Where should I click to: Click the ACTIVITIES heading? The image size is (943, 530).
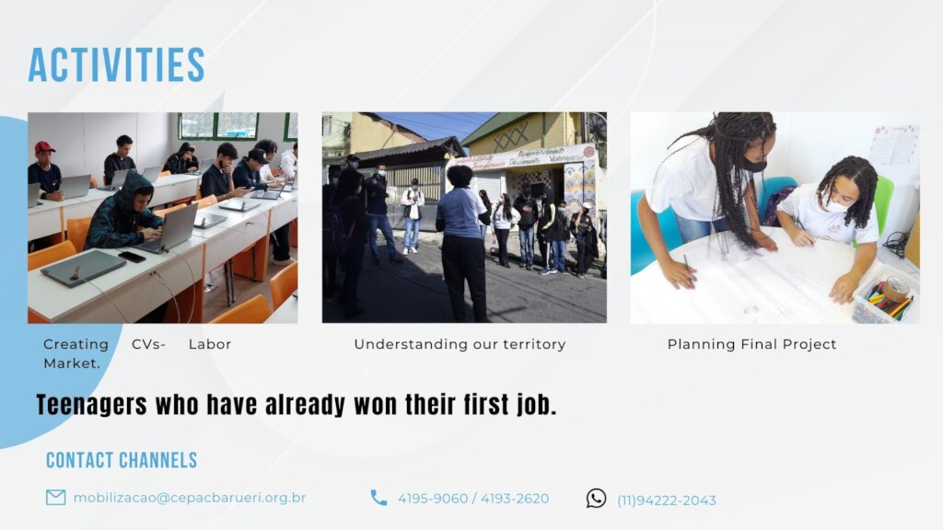coord(116,65)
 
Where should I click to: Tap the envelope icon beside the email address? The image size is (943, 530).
coord(56,498)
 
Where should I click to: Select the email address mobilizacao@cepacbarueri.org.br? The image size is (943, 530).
coord(190,498)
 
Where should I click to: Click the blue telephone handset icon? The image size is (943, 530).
coord(378,498)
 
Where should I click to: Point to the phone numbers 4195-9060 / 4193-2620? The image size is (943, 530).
coord(473,499)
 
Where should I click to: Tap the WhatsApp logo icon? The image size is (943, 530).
coord(596,498)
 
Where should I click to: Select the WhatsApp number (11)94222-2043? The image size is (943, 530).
coord(667,501)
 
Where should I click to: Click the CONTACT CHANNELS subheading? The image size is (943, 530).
coord(122,460)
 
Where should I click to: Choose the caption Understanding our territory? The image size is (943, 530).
coord(460,344)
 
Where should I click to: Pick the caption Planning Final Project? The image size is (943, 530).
coord(751,344)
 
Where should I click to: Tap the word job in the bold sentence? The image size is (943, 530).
coord(537,405)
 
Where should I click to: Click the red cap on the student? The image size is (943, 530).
coord(44,146)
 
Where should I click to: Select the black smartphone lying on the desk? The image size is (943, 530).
coord(132,257)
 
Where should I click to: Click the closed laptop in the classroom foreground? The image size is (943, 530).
coord(83,268)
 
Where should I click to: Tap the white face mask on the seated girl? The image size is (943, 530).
coord(835,205)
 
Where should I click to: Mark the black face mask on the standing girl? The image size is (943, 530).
coord(753,164)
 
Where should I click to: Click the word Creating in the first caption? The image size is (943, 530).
coord(76,345)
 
